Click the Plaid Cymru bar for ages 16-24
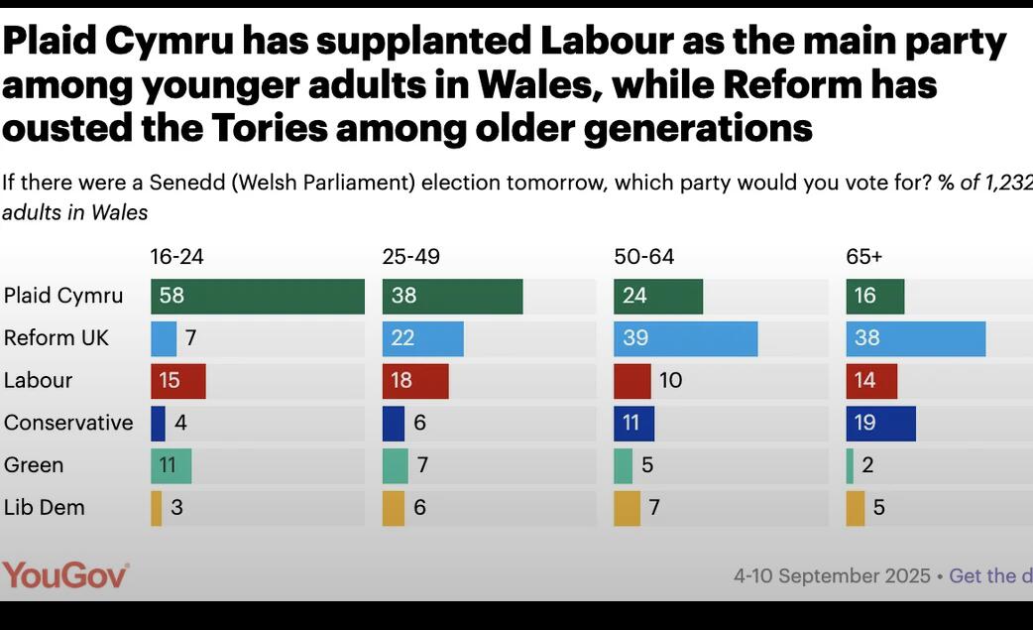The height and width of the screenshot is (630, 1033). tap(258, 297)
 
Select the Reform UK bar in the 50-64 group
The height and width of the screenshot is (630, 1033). tap(685, 338)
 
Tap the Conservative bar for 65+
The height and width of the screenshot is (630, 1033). tap(880, 423)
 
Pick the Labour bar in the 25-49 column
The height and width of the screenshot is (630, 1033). tap(415, 381)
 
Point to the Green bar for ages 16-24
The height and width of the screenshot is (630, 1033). tap(171, 465)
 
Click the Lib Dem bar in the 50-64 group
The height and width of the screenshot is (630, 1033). tap(627, 508)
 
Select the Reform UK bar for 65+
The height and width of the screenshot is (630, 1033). tap(915, 338)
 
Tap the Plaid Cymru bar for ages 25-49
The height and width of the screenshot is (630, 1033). tap(452, 297)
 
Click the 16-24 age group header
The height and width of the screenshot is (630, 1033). tap(176, 257)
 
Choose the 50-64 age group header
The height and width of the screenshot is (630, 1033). tap(643, 257)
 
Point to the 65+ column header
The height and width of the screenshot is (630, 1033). tap(863, 257)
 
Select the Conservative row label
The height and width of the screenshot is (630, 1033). tap(68, 423)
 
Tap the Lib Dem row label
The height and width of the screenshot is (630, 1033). tap(45, 508)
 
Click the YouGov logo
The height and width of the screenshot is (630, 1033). tap(65, 575)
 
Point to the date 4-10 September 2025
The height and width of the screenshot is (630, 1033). tap(832, 576)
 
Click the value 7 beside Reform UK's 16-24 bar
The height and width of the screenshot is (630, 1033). tap(190, 338)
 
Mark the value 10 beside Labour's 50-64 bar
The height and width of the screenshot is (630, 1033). tap(670, 381)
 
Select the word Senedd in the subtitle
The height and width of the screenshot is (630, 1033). tap(181, 183)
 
